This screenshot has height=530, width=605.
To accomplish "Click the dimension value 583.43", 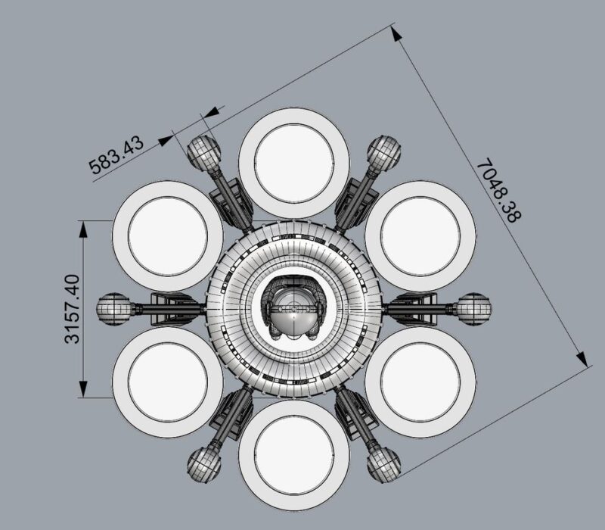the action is pos(116,155).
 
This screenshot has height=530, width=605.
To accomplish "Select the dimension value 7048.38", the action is pos(499,190).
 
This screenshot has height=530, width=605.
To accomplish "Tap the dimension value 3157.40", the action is pos(72,309).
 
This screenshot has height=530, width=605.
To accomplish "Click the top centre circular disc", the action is pos(294,163).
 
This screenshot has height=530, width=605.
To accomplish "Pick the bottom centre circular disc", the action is pos(294,455).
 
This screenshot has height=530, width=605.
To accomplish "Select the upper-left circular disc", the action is pos(168,236).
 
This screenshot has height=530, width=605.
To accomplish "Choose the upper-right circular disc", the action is pos(420,236).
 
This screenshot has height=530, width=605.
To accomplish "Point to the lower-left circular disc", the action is pos(168,382).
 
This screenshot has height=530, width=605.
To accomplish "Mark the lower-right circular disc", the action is pos(420,382).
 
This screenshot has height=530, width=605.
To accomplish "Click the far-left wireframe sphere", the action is pos(113,309).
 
